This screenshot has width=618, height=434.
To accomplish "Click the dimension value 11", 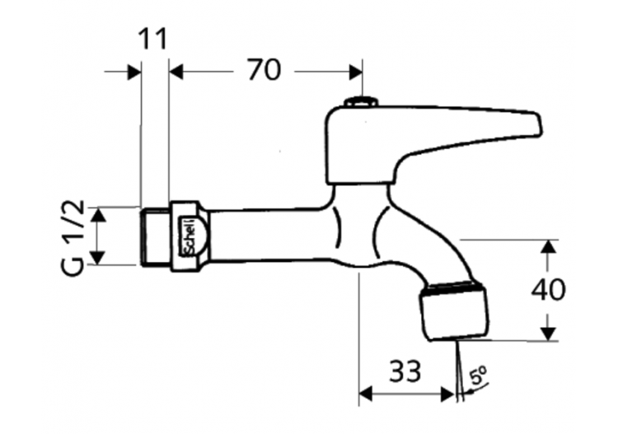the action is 152,39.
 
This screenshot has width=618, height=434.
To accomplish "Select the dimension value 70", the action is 264,70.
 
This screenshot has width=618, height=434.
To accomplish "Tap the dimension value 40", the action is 548,290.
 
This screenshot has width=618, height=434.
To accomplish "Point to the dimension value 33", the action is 405,371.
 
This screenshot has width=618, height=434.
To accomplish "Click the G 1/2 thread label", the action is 73,237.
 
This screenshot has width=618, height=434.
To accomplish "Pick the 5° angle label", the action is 478,376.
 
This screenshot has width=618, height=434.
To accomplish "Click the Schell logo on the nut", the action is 188,236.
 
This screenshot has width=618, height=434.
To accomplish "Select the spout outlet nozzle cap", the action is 453,310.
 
